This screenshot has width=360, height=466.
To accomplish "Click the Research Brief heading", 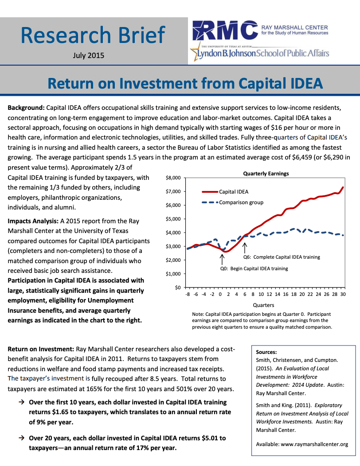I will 93,35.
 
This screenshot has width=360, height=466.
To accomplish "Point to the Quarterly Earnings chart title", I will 266,174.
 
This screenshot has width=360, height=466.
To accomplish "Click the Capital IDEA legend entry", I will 234,192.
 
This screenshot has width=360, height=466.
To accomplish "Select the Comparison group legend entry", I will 241,202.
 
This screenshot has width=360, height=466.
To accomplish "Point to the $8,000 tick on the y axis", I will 173,178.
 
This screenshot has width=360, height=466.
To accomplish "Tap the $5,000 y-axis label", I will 173,219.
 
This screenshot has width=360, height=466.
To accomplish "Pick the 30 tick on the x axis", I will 343,294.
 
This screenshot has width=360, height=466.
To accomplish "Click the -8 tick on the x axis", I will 188,294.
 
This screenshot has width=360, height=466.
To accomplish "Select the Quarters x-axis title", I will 263,305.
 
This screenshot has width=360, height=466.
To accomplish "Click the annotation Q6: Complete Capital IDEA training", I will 282,257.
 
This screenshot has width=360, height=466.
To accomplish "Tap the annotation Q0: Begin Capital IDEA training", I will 254,268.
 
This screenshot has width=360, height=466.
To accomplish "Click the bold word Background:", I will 26,108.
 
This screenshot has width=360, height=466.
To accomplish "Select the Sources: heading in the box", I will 266,352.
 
